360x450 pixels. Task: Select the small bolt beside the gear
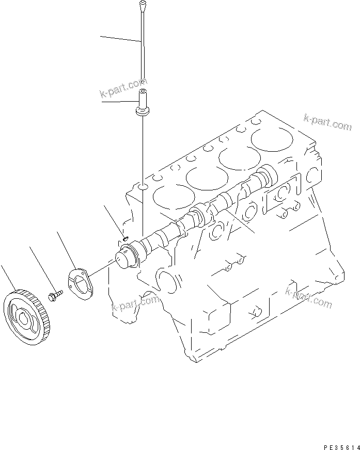point(54,296)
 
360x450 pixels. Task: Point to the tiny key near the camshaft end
point(126,238)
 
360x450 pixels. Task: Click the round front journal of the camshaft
point(126,255)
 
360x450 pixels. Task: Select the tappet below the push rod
point(143,103)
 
